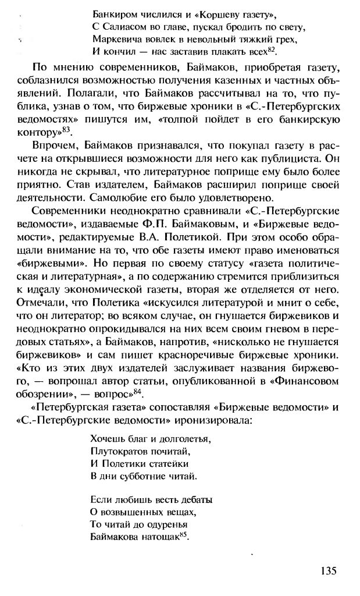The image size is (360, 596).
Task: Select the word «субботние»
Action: tap(139, 476)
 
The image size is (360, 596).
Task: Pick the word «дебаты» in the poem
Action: tap(196, 499)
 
